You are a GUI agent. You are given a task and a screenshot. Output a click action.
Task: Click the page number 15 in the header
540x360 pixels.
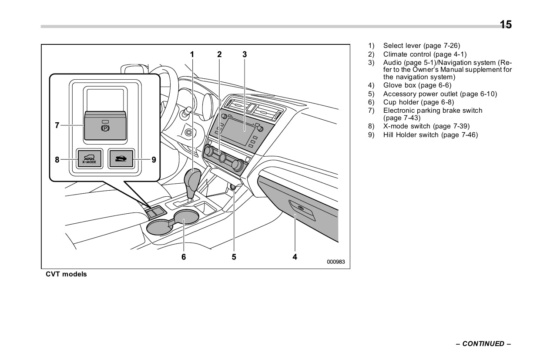point(506,24)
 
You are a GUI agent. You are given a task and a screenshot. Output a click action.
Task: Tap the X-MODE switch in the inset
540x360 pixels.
point(90,159)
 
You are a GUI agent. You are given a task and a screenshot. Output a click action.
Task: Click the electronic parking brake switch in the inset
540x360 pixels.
point(105,125)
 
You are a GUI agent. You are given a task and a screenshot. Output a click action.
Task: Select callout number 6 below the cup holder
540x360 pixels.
point(184,257)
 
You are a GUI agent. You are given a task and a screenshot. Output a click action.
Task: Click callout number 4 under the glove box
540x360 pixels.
point(295,257)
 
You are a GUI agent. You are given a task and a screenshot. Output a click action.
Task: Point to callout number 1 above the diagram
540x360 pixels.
point(191,54)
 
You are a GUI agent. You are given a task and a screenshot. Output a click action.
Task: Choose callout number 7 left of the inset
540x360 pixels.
point(57,125)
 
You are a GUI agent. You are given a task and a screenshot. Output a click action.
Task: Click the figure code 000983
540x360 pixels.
point(336,262)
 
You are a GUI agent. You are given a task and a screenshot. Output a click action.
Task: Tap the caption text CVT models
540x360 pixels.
point(66,274)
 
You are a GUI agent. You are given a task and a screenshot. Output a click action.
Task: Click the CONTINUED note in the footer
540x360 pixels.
point(483,344)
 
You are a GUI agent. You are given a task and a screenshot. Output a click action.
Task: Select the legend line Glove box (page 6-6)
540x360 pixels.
point(417,85)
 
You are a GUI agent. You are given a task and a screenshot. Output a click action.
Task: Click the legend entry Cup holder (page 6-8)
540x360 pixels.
point(417,102)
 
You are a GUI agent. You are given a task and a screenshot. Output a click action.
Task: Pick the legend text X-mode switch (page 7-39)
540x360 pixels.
point(426,126)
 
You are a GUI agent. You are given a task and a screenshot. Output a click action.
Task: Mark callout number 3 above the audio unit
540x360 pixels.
point(245,54)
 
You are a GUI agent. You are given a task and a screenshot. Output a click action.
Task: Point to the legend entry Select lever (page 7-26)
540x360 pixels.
point(421,46)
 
